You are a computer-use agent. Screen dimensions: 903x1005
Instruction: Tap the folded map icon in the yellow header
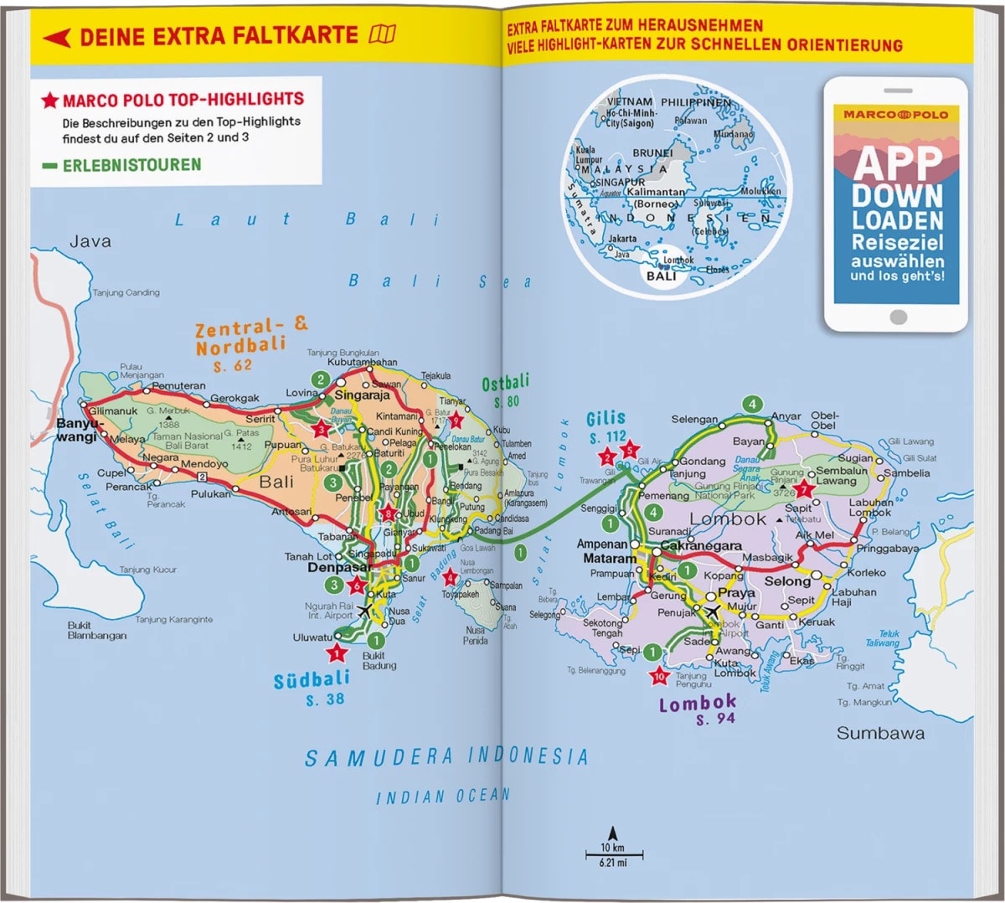coord(382,34)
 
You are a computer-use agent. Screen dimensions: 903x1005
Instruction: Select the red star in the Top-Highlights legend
coord(50,101)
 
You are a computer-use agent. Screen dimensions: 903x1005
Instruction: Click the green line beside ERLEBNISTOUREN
coord(49,166)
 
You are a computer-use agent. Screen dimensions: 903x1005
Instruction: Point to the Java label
coord(90,241)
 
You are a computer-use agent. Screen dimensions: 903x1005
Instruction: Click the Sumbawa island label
coord(880,733)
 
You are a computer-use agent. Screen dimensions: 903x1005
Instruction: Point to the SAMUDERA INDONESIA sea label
coord(446,757)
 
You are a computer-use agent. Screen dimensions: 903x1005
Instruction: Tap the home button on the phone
coord(898,317)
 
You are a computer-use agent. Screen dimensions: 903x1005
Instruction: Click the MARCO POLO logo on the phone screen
coord(895,114)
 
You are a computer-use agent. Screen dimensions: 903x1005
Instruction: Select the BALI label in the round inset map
coord(661,276)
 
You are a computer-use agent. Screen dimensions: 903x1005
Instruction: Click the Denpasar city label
coord(339,567)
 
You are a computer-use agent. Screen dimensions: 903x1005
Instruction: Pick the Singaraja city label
coord(362,395)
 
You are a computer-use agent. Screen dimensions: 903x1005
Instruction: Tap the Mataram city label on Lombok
coord(609,559)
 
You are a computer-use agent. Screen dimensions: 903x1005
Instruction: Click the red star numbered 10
coord(659,676)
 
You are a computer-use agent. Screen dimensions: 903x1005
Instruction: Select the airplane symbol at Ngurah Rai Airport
coord(364,610)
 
